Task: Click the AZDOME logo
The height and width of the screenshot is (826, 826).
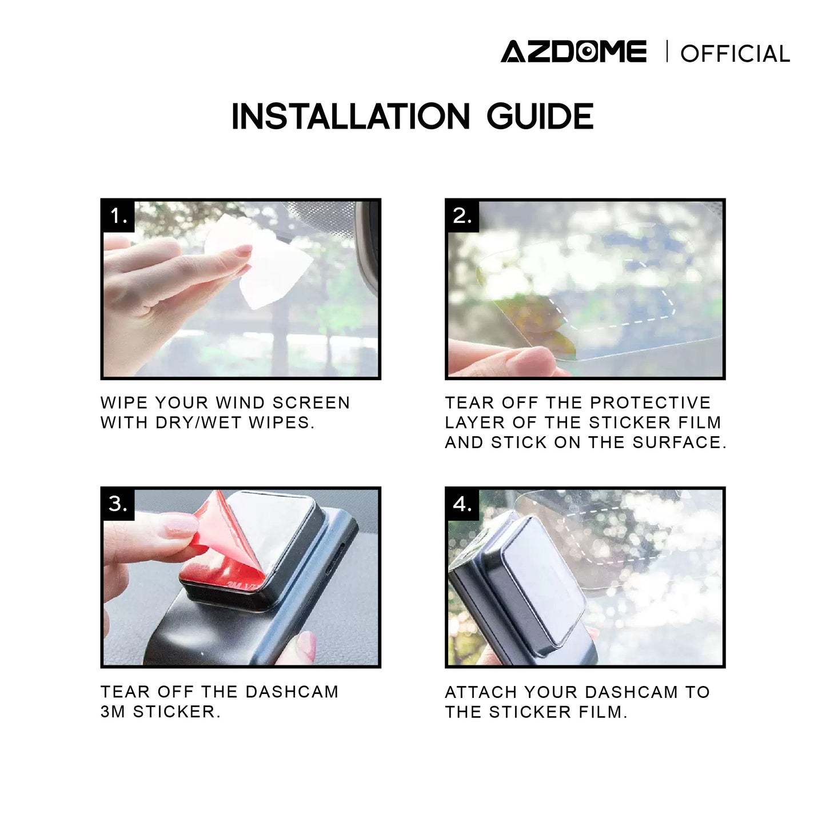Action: click(573, 51)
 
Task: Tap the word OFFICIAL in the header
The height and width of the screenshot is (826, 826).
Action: click(735, 54)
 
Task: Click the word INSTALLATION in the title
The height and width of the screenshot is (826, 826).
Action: click(350, 116)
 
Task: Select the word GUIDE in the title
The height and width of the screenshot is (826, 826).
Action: click(540, 116)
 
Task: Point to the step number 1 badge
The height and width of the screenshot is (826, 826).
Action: click(119, 216)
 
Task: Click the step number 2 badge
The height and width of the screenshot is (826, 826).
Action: click(463, 216)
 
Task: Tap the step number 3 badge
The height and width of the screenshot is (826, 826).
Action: click(119, 504)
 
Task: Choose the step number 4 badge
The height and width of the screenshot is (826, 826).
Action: click(463, 504)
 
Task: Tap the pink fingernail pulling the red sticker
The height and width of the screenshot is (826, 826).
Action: click(181, 525)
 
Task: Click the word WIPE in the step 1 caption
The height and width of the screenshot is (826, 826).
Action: click(123, 403)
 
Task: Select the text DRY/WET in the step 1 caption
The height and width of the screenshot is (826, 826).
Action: click(198, 422)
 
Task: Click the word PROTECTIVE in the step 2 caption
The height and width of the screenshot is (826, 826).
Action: click(651, 402)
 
